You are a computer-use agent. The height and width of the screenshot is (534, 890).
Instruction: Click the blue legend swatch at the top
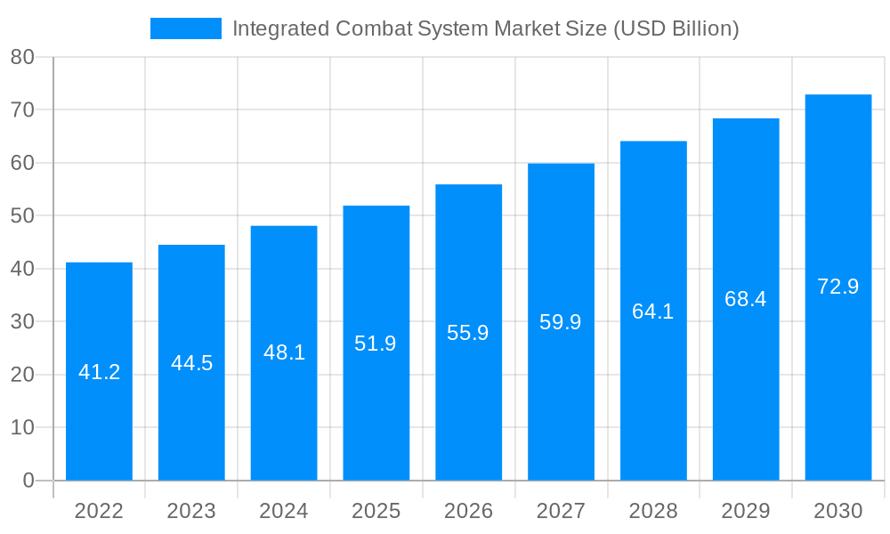185,28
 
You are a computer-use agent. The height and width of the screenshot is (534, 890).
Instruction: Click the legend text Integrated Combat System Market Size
485,28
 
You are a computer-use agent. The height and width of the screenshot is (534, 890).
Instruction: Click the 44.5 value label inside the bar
191,363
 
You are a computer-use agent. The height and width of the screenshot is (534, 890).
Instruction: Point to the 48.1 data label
284,352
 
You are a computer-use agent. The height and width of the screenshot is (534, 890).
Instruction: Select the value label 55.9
468,333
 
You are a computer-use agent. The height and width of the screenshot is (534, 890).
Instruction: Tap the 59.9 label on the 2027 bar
561,322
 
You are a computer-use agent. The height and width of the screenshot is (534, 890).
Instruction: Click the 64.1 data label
653,311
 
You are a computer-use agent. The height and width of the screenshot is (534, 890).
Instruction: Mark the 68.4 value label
746,299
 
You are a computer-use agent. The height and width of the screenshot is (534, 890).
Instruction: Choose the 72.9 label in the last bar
837,287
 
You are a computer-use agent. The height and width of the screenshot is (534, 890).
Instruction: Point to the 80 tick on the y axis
22,57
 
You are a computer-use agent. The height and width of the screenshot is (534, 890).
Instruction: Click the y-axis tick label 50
22,215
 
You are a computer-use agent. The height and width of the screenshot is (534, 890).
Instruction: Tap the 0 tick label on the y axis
28,481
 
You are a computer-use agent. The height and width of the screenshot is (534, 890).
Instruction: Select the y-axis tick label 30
22,321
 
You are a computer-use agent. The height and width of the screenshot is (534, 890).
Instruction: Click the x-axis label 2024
284,511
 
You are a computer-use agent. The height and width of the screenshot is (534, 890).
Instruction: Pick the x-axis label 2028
653,511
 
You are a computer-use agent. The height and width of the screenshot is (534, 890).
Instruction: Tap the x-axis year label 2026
468,511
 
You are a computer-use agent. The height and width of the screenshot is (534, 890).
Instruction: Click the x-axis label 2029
746,511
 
